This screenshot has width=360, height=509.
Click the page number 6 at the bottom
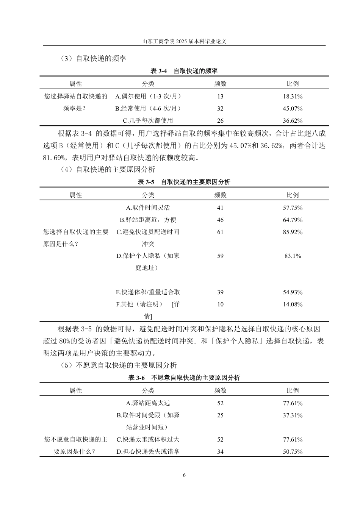pos(184,475)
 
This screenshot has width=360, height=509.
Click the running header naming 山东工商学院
pos(184,42)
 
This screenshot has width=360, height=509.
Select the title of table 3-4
pos(184,71)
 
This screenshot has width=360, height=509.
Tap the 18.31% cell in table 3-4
pos(293,97)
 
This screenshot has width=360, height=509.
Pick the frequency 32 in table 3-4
pos(220,109)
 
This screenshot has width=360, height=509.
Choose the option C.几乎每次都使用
pos(148,121)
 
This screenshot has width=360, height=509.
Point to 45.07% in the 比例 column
pos(293,109)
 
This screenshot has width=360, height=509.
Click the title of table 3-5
pos(184,182)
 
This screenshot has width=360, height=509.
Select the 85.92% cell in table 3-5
pos(293,232)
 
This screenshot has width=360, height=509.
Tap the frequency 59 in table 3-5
pos(220,256)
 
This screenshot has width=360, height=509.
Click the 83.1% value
pos(293,256)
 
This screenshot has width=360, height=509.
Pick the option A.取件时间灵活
pos(148,208)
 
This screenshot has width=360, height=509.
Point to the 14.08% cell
pos(293,304)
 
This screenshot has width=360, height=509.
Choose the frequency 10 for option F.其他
pos(220,304)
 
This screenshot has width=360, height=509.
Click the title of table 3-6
pos(184,378)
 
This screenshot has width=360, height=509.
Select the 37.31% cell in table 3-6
pos(293,415)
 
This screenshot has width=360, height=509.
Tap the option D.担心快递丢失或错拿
pos(148,452)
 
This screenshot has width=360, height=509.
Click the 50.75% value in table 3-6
pos(293,452)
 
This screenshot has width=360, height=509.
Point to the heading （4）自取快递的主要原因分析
pos(108,170)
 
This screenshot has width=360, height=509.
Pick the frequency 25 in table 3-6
pos(220,415)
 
